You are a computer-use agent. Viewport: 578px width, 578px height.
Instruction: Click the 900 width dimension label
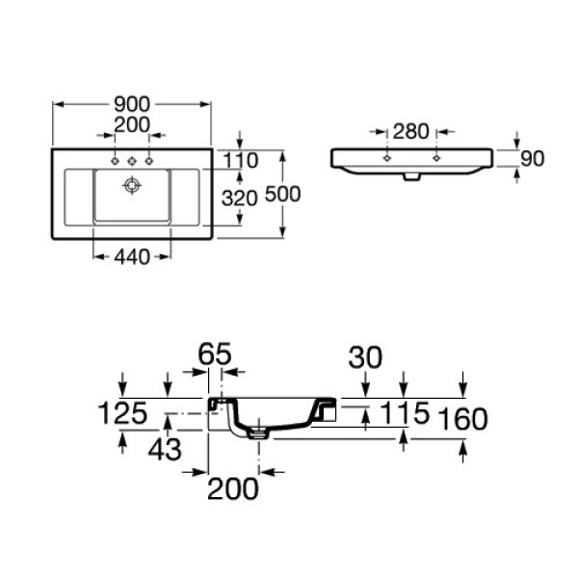click(132, 104)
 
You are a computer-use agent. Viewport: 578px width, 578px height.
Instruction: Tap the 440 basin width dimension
click(132, 257)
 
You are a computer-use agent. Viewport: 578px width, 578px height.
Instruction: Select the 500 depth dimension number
click(282, 195)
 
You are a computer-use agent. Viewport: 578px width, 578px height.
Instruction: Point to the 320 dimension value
click(239, 198)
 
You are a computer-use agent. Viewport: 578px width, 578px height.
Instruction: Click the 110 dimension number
click(240, 161)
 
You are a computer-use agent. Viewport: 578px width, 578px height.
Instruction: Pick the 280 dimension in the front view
click(411, 131)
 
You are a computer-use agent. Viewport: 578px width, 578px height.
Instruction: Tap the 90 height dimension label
click(533, 159)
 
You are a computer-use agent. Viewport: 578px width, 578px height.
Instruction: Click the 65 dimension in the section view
click(215, 354)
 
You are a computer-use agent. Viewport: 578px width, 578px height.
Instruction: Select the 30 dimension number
click(365, 357)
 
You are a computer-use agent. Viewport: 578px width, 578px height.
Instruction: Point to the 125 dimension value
click(122, 412)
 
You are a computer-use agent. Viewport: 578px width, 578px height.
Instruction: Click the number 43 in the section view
click(165, 449)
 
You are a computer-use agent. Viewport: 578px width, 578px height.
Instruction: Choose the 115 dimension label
click(405, 412)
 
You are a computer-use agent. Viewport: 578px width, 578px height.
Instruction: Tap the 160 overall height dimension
click(463, 419)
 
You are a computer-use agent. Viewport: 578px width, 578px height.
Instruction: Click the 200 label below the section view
click(233, 488)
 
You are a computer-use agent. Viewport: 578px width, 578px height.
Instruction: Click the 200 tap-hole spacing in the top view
click(132, 124)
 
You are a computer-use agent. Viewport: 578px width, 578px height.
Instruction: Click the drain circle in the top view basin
click(132, 185)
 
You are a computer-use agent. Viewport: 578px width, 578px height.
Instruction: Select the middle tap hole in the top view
click(132, 161)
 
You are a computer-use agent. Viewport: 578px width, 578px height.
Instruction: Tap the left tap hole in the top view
click(115, 161)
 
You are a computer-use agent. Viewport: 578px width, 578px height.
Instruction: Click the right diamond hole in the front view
click(436, 158)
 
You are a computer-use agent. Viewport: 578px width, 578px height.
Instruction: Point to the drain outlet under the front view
click(411, 176)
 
